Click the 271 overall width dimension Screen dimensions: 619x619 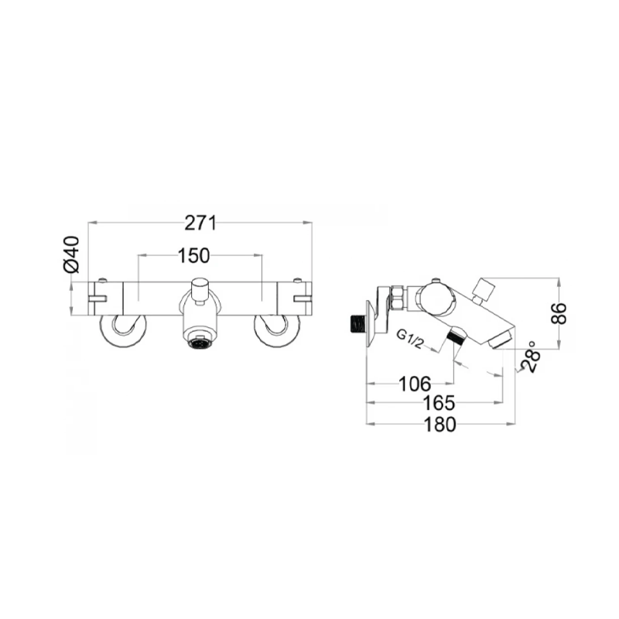click(200, 223)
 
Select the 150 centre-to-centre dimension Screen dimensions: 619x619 click(200, 256)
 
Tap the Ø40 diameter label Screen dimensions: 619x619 click(71, 255)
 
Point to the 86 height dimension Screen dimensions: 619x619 click(559, 313)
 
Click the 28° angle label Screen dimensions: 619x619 click(529, 357)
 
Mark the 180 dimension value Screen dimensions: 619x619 click(440, 424)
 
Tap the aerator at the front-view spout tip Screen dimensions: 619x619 click(200, 341)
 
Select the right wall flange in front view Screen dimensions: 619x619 click(275, 331)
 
